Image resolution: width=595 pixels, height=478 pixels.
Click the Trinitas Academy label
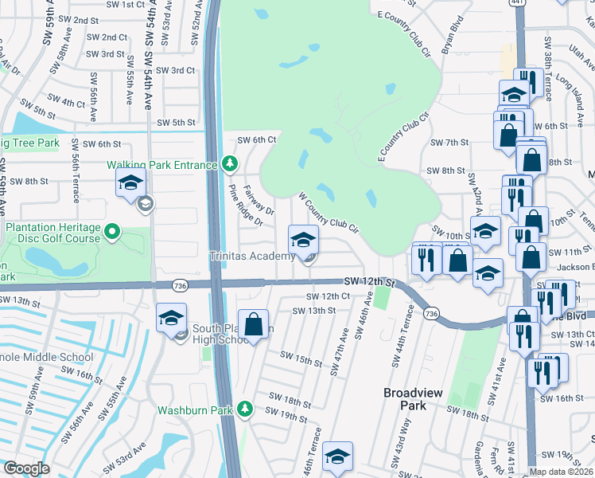point(252,257)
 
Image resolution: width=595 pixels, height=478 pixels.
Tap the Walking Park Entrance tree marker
point(230,164)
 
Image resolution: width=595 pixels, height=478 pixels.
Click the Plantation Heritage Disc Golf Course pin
point(112,233)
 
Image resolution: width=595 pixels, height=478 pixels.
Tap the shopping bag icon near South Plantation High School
point(253,324)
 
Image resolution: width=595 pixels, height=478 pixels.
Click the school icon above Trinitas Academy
point(302,240)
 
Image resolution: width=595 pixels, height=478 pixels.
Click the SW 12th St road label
point(369,282)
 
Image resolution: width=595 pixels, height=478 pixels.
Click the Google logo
point(26,468)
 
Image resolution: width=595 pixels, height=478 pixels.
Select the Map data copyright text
point(562,472)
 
